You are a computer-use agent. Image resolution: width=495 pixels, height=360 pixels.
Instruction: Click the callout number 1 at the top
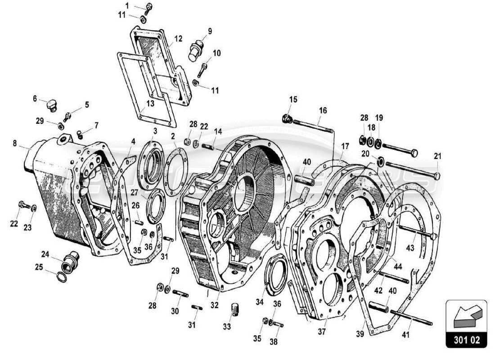pyautogui.click(x=126, y=5)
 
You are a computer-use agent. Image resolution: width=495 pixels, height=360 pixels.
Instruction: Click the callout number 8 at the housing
pyautogui.click(x=14, y=144)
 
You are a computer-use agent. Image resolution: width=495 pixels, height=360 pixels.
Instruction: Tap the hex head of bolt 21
pyautogui.click(x=436, y=175)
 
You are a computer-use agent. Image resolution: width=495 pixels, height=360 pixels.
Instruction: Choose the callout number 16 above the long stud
pyautogui.click(x=323, y=110)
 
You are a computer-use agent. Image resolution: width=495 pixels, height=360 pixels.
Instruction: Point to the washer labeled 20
pyautogui.click(x=379, y=161)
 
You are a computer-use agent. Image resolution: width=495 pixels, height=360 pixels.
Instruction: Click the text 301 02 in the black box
pyautogui.click(x=466, y=341)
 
